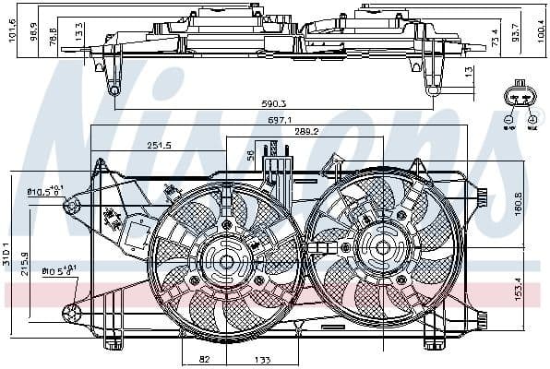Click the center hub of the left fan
click(224, 262)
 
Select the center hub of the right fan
click(380, 246)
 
